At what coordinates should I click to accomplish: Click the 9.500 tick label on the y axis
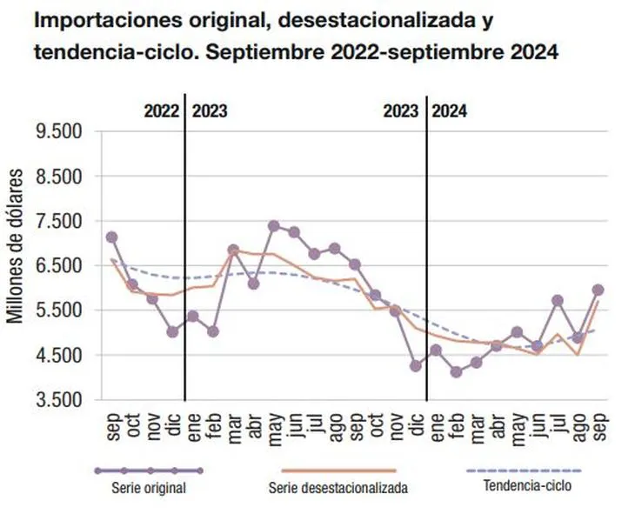58,132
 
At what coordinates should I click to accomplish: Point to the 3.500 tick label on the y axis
58,400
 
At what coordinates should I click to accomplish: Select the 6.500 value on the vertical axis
58,266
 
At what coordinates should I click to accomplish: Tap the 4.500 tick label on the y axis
58,356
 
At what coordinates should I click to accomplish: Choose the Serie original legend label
149,488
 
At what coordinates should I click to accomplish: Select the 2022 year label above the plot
161,111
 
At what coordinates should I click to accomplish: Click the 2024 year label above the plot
449,111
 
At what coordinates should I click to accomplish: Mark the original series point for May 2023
273,226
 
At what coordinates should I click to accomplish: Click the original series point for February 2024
456,372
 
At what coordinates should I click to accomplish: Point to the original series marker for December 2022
172,331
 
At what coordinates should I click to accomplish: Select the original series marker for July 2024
558,301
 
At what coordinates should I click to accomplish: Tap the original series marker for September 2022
111,237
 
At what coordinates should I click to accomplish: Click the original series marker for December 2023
416,366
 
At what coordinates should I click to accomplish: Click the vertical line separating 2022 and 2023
184,261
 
